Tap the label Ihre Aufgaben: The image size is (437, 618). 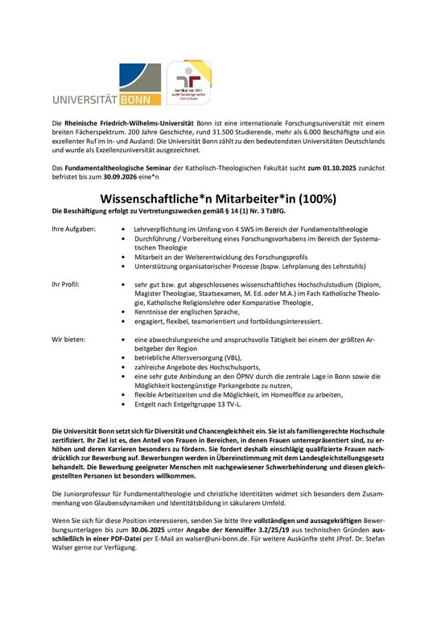pos(73,229)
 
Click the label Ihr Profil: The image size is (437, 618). pos(66,285)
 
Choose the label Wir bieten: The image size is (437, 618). pos(68,341)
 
